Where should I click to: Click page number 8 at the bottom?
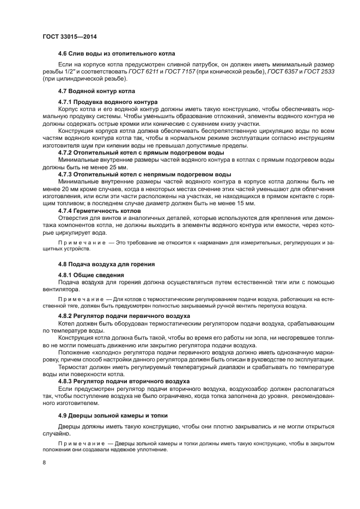pyautogui.click(x=44, y=463)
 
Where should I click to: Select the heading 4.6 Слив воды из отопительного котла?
pyautogui.click(x=116, y=54)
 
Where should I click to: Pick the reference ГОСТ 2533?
pyautogui.click(x=319, y=72)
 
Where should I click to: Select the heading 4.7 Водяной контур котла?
pyautogui.click(x=96, y=90)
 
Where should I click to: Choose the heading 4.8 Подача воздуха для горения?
pyautogui.click(x=106, y=263)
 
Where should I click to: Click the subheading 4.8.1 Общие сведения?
pyautogui.click(x=91, y=275)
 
